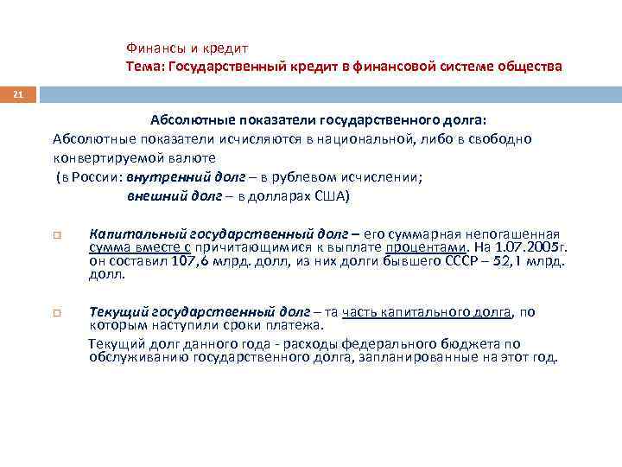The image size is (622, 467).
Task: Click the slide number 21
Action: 17,93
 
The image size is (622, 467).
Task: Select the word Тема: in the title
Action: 145,66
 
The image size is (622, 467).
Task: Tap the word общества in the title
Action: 528,66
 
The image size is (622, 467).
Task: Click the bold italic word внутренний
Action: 159,176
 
